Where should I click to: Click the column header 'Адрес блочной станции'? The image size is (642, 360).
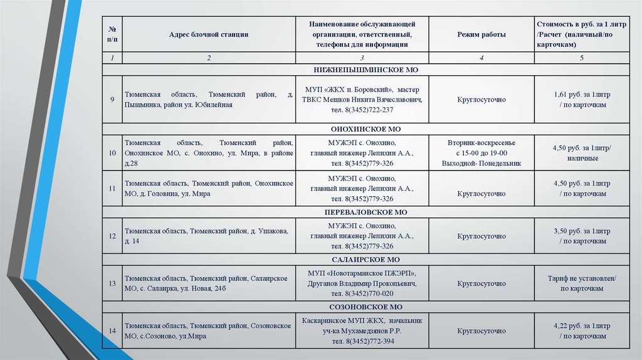(209, 34)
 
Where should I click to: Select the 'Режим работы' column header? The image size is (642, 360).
(481, 34)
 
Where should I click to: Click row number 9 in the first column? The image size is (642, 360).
(112, 99)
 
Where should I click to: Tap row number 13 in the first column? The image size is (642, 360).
(112, 283)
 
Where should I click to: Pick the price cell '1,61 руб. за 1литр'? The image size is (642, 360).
(582, 94)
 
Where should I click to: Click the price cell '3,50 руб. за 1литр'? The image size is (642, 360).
(582, 231)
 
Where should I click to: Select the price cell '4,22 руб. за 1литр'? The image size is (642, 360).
(582, 326)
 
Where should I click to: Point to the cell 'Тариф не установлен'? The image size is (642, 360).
(582, 278)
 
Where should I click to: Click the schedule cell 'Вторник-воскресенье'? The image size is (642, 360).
(481, 142)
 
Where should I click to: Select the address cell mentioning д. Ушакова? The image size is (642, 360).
(207, 236)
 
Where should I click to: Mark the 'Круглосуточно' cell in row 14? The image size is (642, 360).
(481, 331)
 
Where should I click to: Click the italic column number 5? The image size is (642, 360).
(582, 58)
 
